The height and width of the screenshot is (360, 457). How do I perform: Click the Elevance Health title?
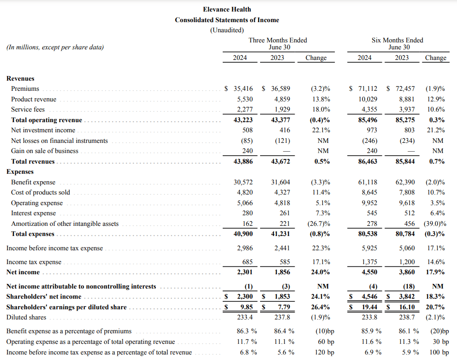227,9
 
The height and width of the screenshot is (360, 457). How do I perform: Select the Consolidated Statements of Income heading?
227,20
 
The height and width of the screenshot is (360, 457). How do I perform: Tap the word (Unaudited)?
227,30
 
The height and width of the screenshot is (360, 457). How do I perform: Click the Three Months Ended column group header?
278,40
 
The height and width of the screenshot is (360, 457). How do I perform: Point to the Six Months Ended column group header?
398,40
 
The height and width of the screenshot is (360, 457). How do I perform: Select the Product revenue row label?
34,99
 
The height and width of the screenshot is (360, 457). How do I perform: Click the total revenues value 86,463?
368,161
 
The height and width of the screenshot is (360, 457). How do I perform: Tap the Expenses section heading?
20,171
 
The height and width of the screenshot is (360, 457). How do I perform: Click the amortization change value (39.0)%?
434,224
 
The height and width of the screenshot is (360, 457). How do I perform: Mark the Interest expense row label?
33,213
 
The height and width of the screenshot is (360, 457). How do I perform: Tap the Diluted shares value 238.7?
406,317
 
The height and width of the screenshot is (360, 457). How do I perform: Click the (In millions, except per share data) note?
55,47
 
